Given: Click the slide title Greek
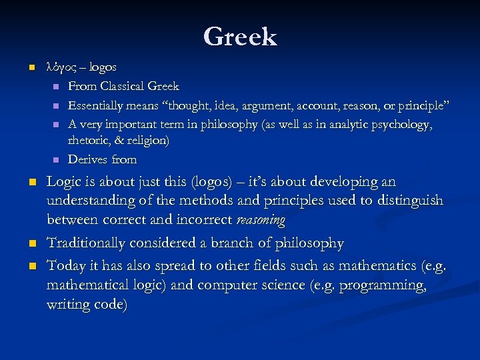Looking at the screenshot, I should [x=240, y=36].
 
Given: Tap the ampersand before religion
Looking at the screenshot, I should [x=122, y=141].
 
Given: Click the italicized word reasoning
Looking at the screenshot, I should [x=261, y=220].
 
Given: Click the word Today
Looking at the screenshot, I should [x=65, y=266].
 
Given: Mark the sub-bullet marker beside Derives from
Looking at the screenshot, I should [x=55, y=160].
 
